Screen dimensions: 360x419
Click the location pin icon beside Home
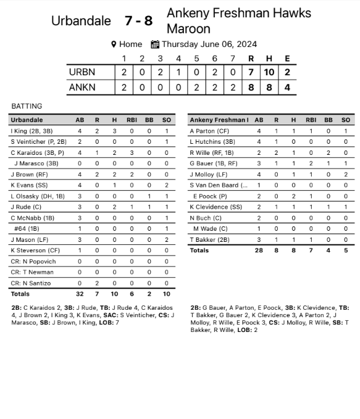(x=114, y=44)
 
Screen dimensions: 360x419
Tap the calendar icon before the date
(x=155, y=44)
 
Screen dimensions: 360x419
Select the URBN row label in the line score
(x=82, y=72)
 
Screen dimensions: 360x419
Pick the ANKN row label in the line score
(x=82, y=88)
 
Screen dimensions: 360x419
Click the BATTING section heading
(x=27, y=106)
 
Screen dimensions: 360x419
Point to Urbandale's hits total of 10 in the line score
(x=269, y=72)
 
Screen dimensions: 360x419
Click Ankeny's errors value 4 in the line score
(x=287, y=88)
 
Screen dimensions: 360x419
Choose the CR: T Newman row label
(x=32, y=272)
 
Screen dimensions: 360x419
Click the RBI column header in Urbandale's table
(x=132, y=120)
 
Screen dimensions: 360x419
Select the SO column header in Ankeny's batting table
(x=345, y=120)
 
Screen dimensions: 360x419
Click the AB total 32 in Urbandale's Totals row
(x=80, y=294)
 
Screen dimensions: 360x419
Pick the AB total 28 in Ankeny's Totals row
(x=259, y=251)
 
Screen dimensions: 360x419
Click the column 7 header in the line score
(x=233, y=59)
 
